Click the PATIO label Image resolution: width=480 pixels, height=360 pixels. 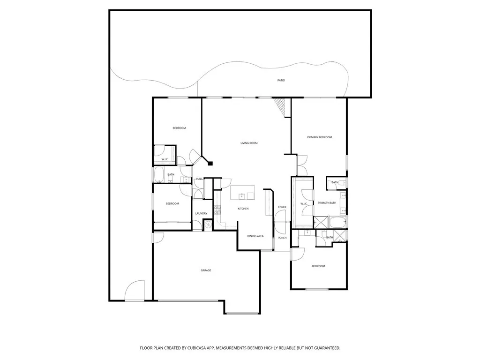[x=281, y=81]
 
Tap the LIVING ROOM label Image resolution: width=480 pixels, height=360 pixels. [x=249, y=143]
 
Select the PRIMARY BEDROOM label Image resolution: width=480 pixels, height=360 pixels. [x=319, y=137]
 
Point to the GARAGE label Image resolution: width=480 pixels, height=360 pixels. [x=206, y=270]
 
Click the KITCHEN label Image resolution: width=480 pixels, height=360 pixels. [x=243, y=209]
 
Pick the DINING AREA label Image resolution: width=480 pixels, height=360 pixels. [x=255, y=236]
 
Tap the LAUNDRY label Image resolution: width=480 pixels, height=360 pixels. [x=201, y=214]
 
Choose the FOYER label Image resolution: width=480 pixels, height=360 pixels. [x=282, y=207]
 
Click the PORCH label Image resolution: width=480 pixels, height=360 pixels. [x=282, y=238]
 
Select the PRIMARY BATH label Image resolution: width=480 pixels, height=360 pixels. [x=327, y=203]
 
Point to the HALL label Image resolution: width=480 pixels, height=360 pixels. [x=200, y=179]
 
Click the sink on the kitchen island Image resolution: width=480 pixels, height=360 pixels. [x=242, y=196]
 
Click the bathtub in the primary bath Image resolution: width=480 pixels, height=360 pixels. [x=337, y=222]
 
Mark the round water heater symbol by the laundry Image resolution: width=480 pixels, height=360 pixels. [x=209, y=225]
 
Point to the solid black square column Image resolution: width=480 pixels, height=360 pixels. [x=210, y=164]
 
